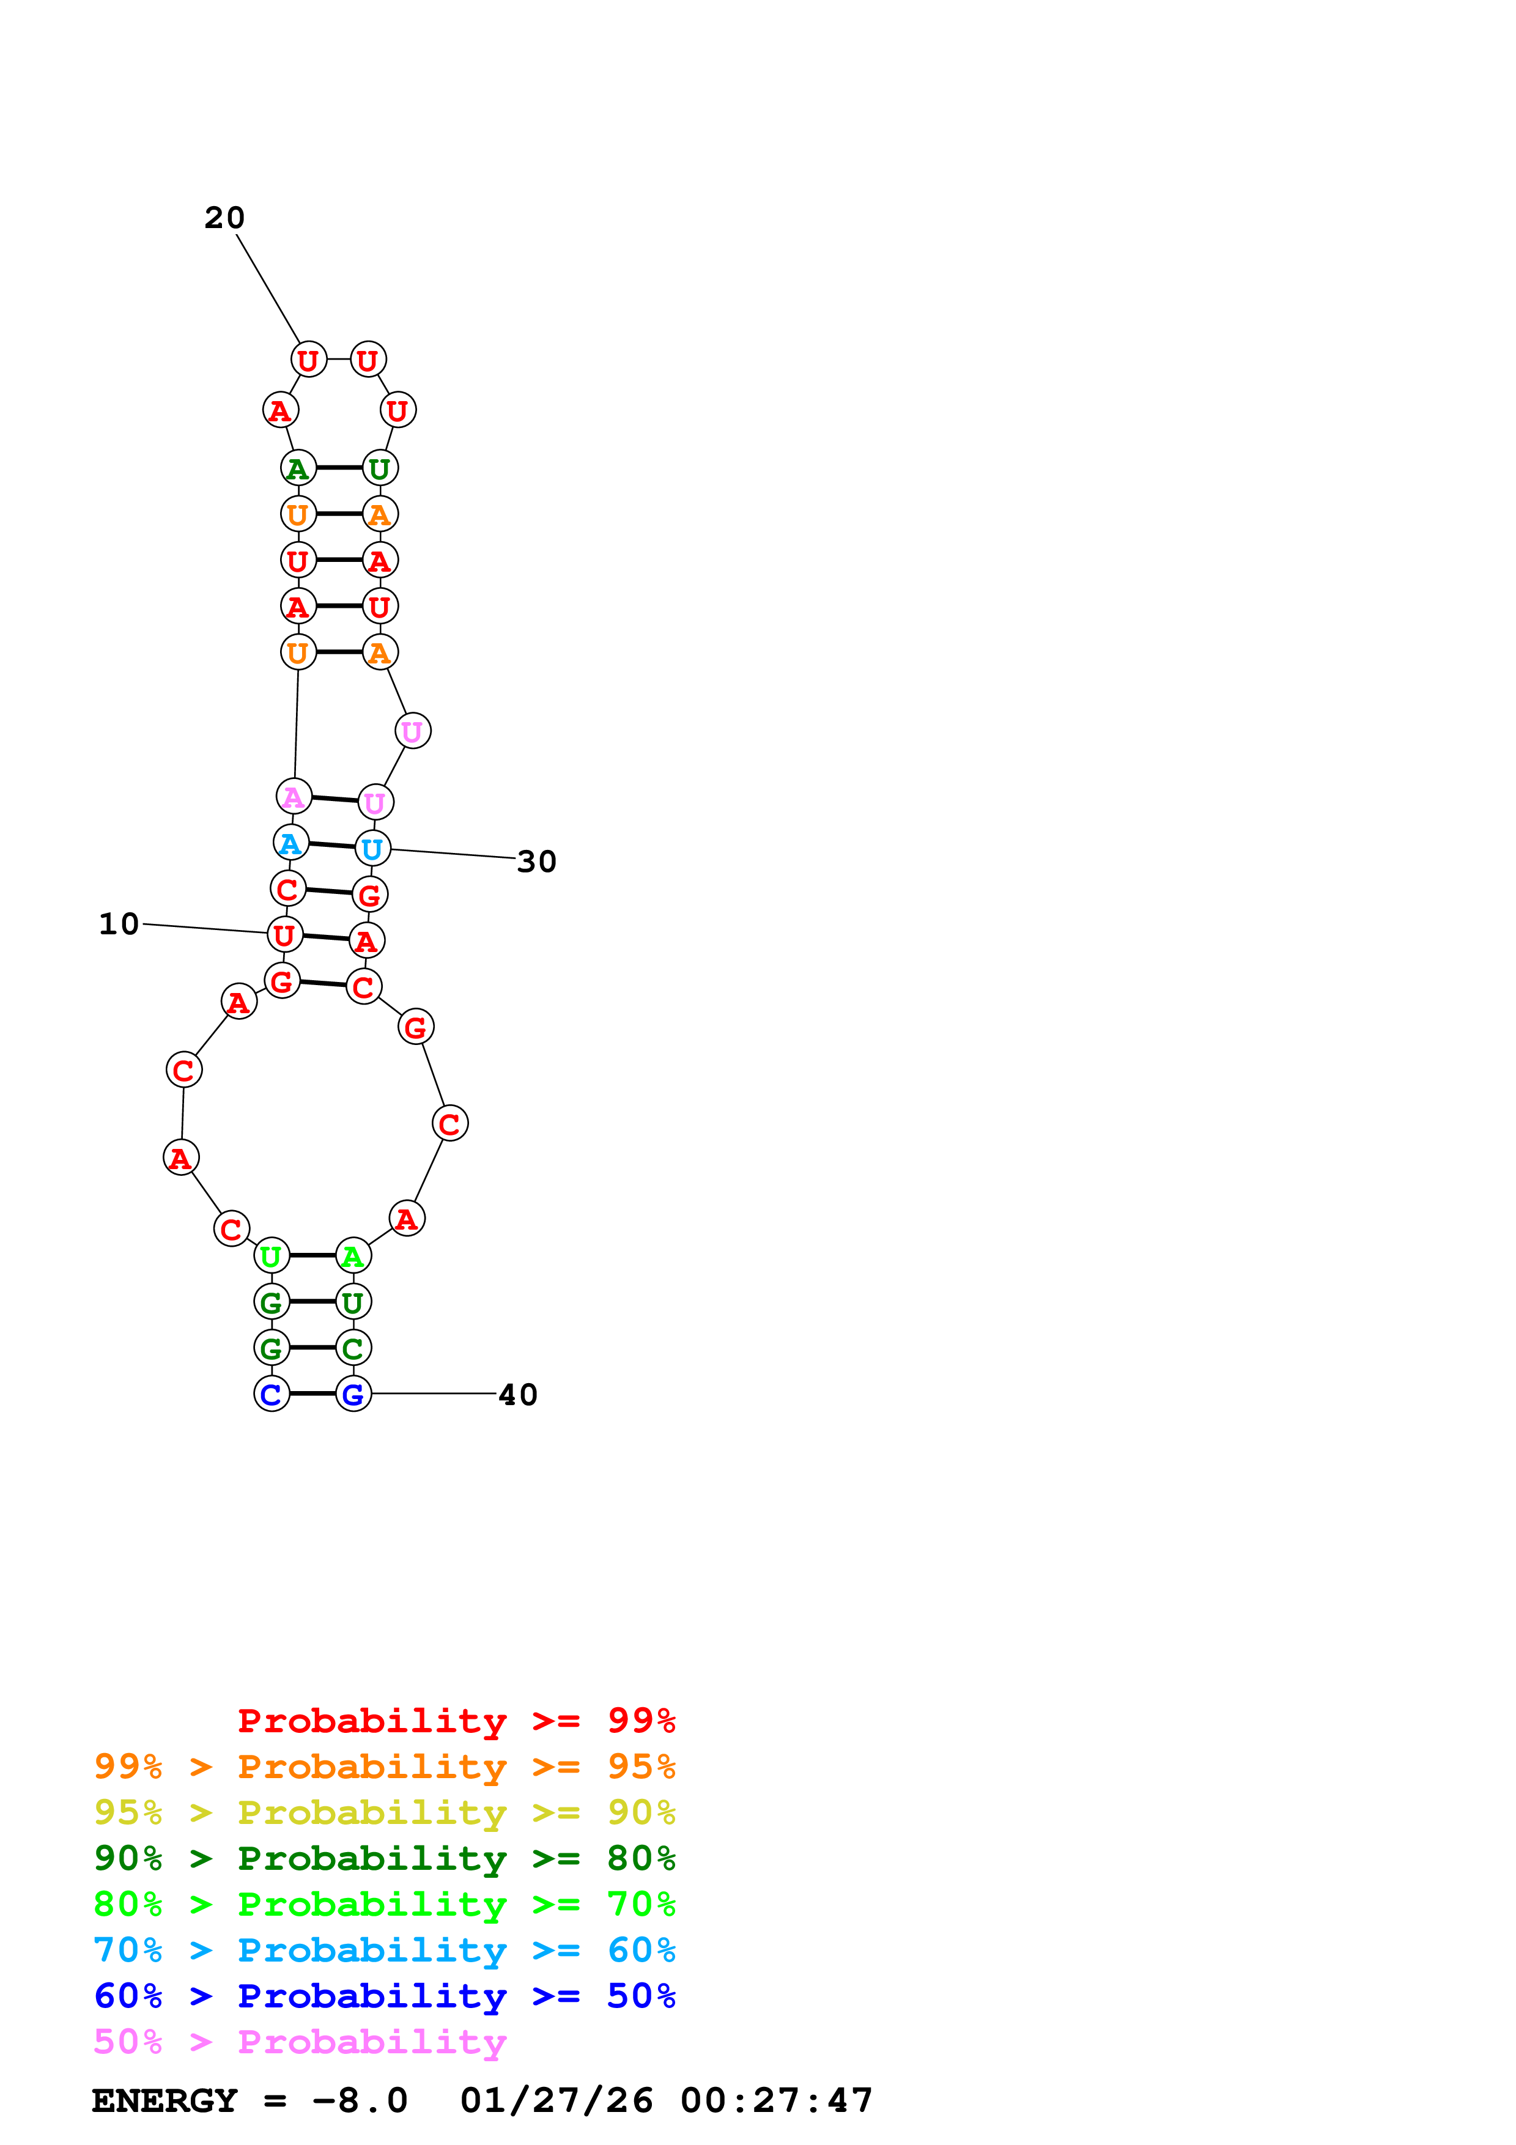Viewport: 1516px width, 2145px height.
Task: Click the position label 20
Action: [x=224, y=218]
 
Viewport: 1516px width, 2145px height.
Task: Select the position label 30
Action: [x=537, y=862]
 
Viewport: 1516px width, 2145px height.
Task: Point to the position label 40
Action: [x=519, y=1395]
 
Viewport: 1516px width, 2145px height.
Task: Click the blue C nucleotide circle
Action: [x=272, y=1394]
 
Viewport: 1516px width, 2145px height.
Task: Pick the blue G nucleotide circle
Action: [x=353, y=1394]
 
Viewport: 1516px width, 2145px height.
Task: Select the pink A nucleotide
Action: [x=294, y=796]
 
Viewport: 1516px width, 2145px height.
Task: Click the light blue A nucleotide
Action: [x=290, y=843]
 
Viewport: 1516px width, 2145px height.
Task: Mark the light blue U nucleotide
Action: [x=372, y=848]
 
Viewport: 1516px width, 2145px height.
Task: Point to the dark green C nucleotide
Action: [x=353, y=1348]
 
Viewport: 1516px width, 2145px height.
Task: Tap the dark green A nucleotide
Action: [x=298, y=468]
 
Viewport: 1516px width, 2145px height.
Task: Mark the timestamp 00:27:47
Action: [x=777, y=2101]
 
